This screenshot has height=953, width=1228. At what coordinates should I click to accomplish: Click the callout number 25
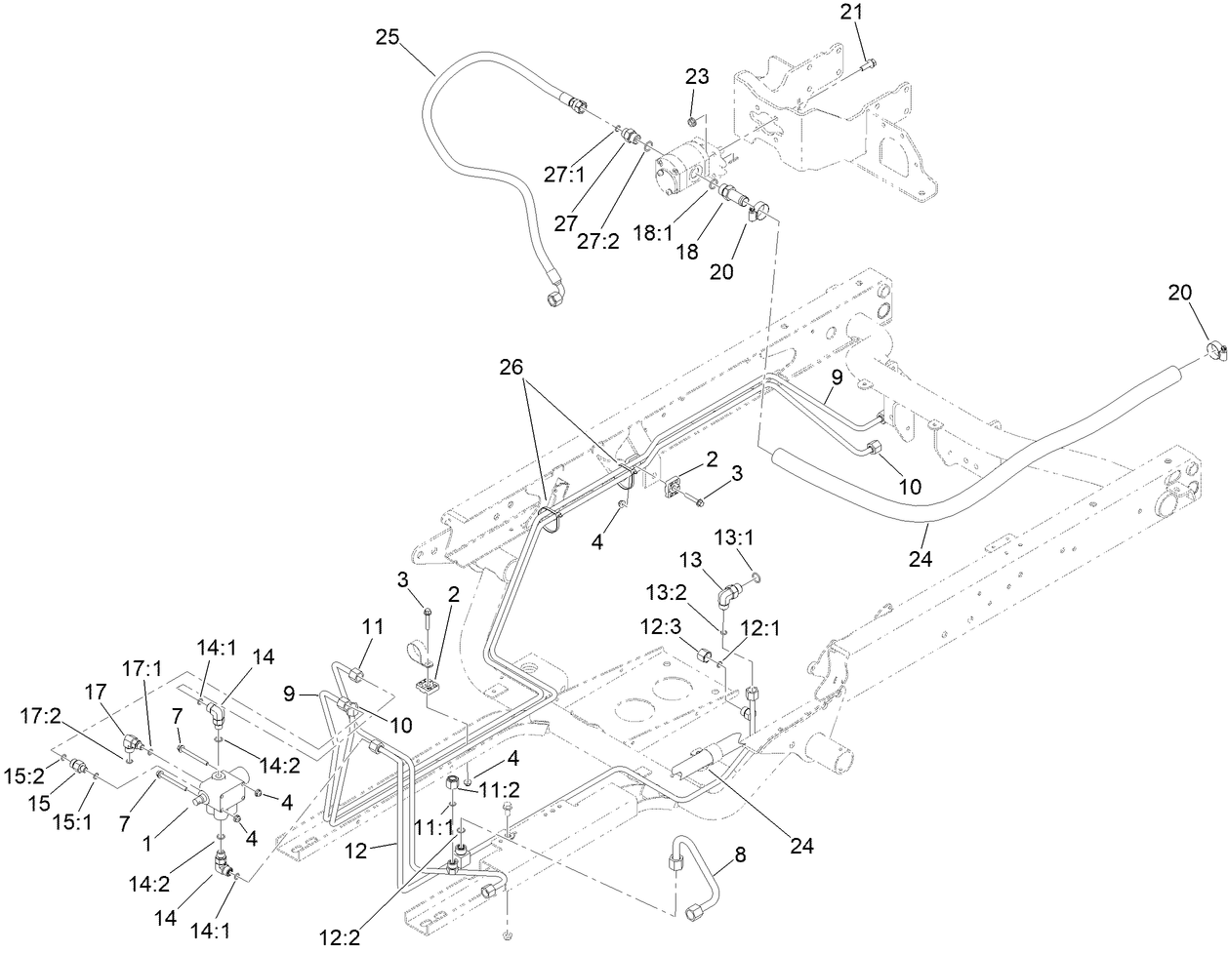pos(387,37)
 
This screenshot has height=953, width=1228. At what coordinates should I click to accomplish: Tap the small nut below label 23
pos(692,122)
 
